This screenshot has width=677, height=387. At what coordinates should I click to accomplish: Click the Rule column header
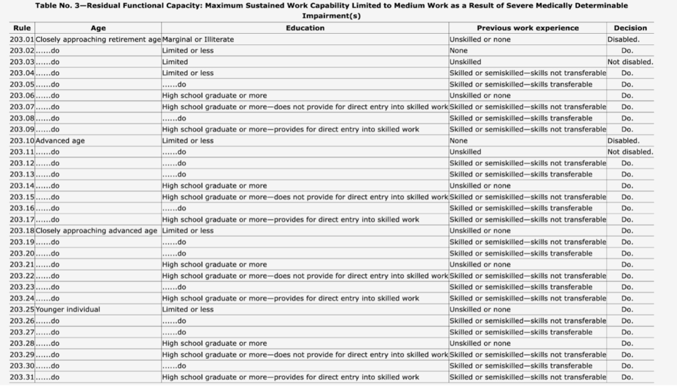click(18, 28)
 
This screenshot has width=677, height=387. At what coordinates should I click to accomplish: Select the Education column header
click(305, 28)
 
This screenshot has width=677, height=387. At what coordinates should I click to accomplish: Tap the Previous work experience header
click(527, 28)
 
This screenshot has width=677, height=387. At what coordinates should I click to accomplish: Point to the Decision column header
click(630, 28)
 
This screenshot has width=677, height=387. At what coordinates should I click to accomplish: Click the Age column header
click(98, 28)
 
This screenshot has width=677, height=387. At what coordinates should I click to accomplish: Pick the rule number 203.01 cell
click(22, 39)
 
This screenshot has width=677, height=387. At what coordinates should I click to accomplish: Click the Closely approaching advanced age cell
click(97, 230)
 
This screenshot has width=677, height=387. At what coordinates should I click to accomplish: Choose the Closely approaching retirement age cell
click(98, 39)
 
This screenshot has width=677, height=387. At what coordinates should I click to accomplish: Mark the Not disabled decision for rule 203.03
click(630, 62)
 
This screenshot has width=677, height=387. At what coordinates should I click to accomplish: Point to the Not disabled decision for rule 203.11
click(630, 152)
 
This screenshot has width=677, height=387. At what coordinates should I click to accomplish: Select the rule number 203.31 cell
click(22, 377)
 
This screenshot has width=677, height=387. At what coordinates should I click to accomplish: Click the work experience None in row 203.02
click(458, 50)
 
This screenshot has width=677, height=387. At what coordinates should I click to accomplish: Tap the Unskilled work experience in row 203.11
click(465, 152)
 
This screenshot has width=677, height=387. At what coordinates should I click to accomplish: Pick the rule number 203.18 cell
click(22, 230)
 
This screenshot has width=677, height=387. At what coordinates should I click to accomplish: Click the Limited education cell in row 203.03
click(175, 62)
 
